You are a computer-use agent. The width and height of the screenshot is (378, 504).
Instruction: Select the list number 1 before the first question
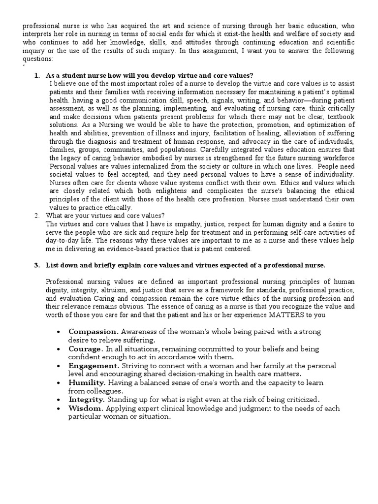(x=36, y=75)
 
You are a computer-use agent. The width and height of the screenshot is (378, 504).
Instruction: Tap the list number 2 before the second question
(x=36, y=216)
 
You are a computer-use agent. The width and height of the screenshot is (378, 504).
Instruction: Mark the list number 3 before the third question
(x=36, y=265)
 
